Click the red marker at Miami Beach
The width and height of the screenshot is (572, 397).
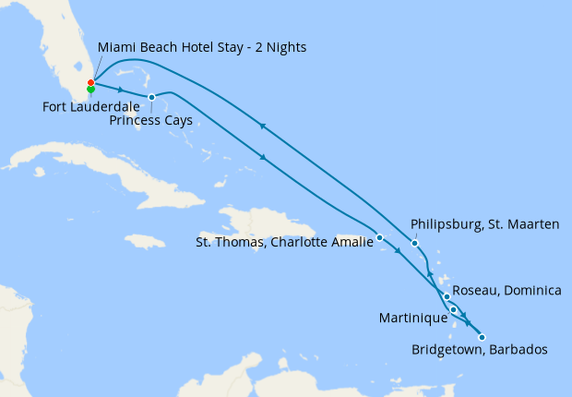tap(90, 83)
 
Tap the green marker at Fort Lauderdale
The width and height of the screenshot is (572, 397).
tap(90, 90)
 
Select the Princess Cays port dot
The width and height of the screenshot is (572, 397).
tap(151, 97)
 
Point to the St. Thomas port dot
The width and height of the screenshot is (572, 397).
tap(380, 238)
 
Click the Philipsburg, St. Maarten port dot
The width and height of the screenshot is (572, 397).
tap(415, 243)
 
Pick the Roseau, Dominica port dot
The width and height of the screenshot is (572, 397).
tap(447, 296)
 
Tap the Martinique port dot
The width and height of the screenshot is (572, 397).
tap(453, 310)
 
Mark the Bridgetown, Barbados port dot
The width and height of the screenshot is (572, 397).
tap(482, 337)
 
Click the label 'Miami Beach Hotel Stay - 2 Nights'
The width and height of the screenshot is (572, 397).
tap(202, 47)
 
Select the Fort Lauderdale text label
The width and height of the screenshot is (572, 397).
tap(90, 106)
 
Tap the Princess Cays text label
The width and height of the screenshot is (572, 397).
tap(150, 120)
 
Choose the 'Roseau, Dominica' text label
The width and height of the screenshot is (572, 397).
tap(508, 291)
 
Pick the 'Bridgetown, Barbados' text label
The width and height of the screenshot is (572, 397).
tap(480, 350)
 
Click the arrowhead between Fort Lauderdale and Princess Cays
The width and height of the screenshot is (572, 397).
tap(121, 90)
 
